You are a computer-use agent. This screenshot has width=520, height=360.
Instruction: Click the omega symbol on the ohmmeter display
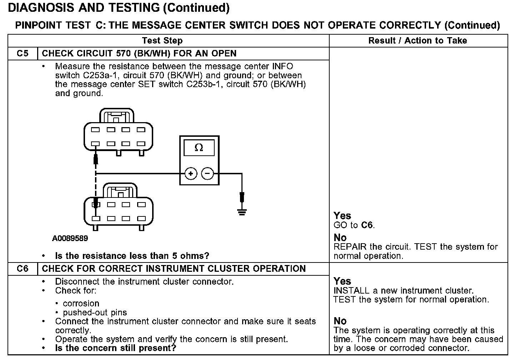199,147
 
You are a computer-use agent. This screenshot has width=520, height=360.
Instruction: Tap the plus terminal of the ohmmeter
191,174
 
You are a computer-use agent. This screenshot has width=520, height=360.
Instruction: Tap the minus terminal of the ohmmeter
207,174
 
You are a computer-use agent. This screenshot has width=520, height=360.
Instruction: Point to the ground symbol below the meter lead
242,212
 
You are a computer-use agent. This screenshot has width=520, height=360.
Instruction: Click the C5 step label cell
22,54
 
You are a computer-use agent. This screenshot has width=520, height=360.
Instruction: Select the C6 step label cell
22,269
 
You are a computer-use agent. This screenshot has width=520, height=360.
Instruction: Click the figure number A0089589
70,238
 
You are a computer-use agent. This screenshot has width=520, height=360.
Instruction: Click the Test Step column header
162,41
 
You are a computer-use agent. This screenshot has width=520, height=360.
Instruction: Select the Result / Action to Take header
417,41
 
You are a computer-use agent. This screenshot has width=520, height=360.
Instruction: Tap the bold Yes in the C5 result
342,216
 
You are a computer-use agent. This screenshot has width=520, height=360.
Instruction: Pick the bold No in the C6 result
340,321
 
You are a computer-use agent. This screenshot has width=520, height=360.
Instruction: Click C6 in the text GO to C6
367,225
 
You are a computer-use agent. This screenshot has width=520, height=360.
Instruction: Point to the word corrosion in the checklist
81,304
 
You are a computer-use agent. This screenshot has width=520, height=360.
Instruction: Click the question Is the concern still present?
116,348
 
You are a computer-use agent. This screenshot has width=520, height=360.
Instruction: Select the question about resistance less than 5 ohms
132,256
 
